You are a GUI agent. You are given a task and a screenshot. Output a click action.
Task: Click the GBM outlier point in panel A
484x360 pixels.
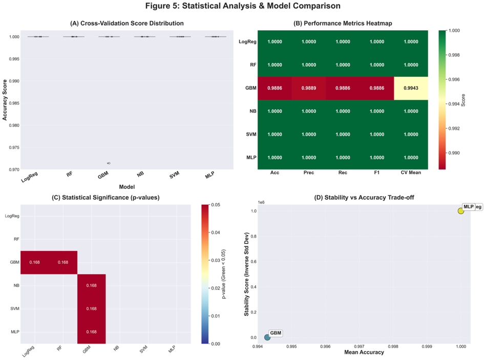[x=109, y=163]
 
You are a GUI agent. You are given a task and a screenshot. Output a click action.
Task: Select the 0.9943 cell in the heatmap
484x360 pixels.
[x=411, y=88]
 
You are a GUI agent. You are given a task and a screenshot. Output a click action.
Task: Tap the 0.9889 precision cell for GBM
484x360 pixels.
[x=309, y=88]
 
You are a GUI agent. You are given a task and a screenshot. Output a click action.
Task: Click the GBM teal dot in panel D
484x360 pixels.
[x=267, y=337]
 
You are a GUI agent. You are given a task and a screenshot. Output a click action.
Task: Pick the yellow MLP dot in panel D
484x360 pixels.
[x=461, y=211]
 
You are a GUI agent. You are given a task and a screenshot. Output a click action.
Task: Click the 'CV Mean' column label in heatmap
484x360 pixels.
[x=411, y=173]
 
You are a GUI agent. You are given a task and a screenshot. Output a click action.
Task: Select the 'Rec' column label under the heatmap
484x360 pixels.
[x=343, y=173]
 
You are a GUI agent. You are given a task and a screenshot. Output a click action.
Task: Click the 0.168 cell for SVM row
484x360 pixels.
[x=92, y=309]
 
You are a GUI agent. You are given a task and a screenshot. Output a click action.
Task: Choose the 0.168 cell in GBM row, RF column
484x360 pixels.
[x=63, y=263]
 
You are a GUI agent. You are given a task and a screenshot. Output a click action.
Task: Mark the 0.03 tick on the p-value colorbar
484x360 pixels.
[x=216, y=260]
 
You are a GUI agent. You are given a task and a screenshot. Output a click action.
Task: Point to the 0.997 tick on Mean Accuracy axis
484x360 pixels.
[x=360, y=347]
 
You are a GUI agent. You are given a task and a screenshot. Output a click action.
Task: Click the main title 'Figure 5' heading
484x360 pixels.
[x=242, y=6]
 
